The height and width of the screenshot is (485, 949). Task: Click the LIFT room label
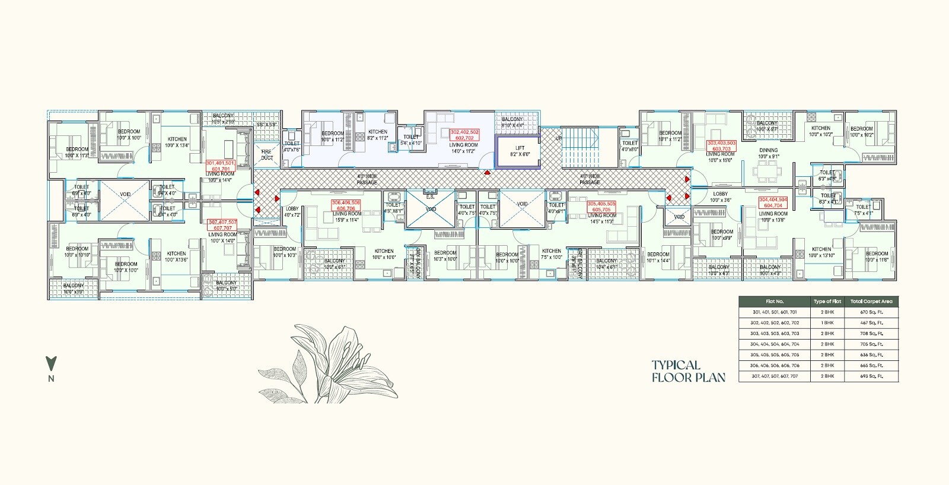coord(520,151)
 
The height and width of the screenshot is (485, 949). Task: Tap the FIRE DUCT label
coord(267,154)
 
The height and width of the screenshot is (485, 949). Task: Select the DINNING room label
coord(768,153)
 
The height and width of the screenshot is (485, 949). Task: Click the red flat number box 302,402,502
coord(464,135)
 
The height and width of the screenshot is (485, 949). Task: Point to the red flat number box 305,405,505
coord(601,206)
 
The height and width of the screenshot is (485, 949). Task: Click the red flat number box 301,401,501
coord(221,166)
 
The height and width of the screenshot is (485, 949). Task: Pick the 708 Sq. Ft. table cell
coord(871,334)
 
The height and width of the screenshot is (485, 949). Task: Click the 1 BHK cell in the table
coord(827,323)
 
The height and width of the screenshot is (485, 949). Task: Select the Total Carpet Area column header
coord(871,302)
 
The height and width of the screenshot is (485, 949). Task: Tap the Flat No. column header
coord(775,302)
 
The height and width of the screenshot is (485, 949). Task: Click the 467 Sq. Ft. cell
coord(871,323)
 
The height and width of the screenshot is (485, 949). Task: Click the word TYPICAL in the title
coord(676,365)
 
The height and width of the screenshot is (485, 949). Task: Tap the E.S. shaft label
coord(430,197)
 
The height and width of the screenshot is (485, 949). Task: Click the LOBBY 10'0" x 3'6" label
coord(720,197)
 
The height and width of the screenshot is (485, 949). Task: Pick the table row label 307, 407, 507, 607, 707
coord(775,376)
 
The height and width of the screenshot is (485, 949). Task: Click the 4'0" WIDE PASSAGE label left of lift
coord(367,179)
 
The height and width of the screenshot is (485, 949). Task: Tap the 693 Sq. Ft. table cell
coord(871,376)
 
